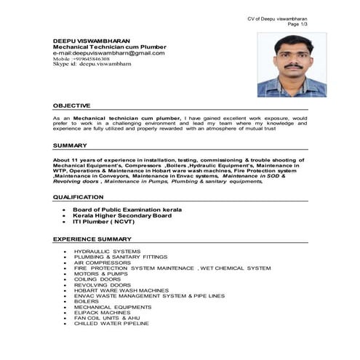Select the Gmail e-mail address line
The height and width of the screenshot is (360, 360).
click(x=108, y=52)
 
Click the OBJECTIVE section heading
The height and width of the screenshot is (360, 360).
click(x=72, y=105)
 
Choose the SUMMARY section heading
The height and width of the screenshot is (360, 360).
click(x=70, y=145)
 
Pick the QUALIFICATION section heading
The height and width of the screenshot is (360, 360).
click(x=79, y=197)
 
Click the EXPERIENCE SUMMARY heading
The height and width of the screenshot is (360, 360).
click(x=92, y=239)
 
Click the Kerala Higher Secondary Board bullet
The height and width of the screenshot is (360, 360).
click(x=122, y=215)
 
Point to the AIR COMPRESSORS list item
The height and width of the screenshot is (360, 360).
click(x=102, y=262)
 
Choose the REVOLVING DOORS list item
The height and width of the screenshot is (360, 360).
click(x=103, y=285)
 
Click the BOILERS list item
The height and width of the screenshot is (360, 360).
click(x=87, y=302)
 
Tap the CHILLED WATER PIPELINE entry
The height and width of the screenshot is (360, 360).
click(x=111, y=323)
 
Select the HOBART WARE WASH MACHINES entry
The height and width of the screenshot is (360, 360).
click(x=121, y=290)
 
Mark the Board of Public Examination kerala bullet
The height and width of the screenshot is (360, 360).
click(x=127, y=209)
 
